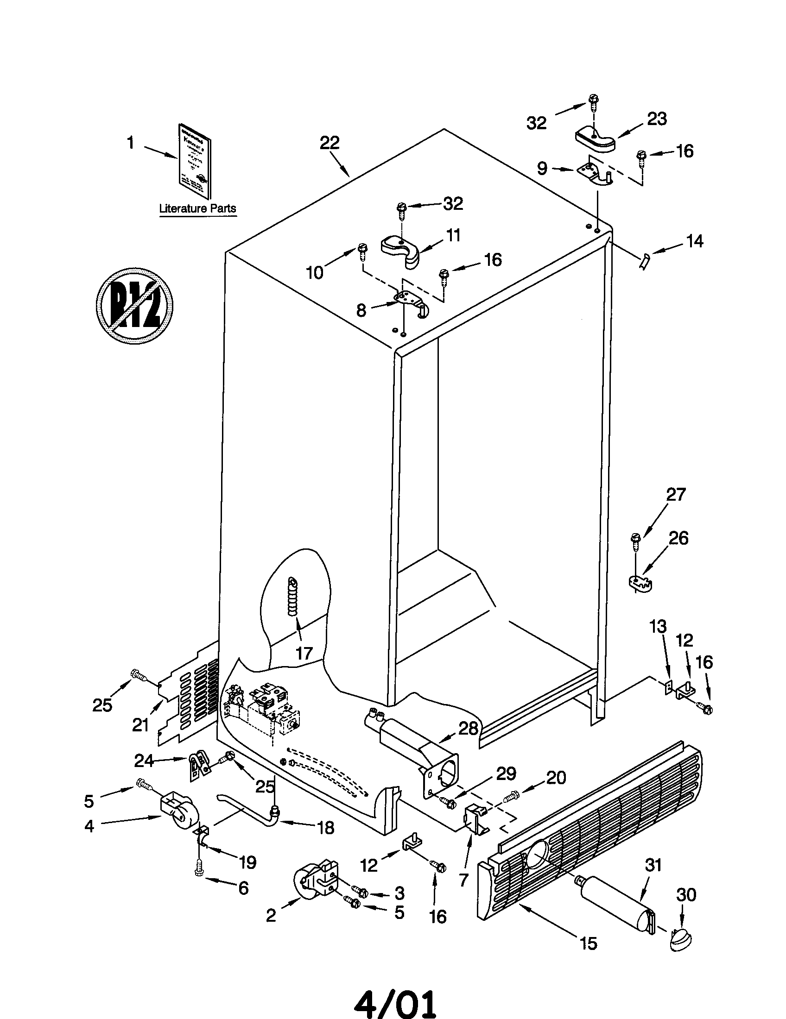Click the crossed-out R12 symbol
coord(134,306)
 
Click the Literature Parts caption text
coord(197,208)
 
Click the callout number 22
coord(330,143)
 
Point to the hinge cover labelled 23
coord(594,139)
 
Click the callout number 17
coord(304,653)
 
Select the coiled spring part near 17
coord(292,597)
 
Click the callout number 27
coord(675,494)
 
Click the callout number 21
coord(140,724)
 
